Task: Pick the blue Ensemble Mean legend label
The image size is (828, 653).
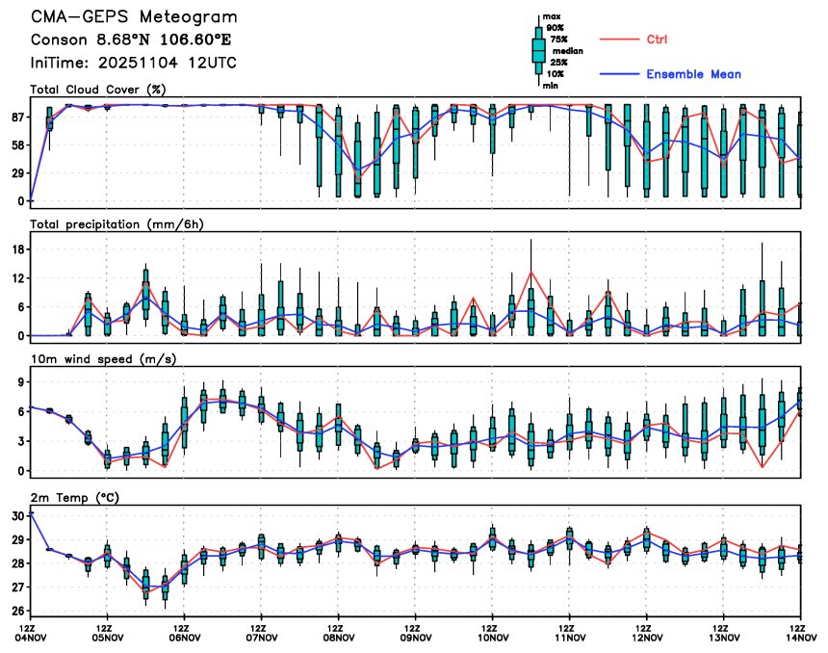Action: (693, 74)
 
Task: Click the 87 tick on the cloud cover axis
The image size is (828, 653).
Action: (17, 118)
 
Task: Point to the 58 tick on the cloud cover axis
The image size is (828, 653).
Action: (17, 145)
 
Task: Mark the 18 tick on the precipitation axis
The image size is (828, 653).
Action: (17, 249)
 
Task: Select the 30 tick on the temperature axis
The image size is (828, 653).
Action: (17, 516)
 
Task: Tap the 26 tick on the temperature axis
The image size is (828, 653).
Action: (17, 611)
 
